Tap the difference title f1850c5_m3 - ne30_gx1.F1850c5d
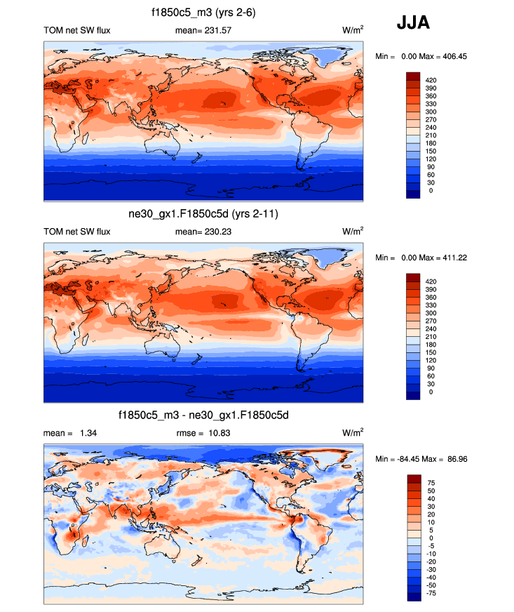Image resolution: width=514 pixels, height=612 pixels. (x=203, y=416)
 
